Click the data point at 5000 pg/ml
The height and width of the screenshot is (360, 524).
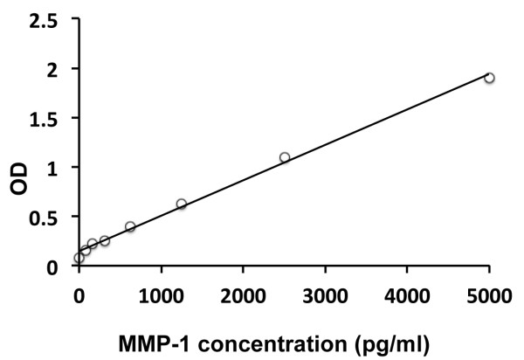point(489,78)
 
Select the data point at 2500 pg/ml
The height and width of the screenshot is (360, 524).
point(285,157)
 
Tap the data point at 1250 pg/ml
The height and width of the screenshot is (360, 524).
point(182,204)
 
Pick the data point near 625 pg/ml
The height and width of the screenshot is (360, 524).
point(130,226)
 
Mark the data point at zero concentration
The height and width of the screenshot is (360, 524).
point(79,258)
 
